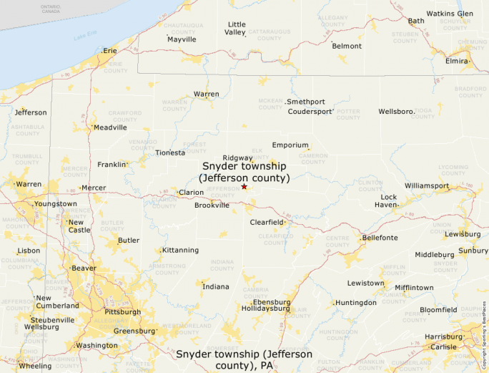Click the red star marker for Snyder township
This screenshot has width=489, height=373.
pos(244,187)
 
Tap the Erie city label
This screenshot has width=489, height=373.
pos(109,51)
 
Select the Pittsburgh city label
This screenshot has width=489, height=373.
pos(122,312)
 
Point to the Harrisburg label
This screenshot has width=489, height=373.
pos(443,336)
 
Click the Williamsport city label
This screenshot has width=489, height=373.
pos(427,186)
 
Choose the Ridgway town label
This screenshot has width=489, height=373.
pos(237,158)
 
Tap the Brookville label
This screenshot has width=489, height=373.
pos(212,205)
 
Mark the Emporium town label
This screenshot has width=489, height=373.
pos(290,145)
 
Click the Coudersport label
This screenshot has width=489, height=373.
pos(310,112)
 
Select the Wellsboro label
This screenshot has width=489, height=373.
pos(396,112)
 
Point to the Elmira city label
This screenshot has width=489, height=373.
pos(457,61)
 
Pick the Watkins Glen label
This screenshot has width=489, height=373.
pos(450,14)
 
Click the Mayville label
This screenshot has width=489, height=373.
pos(182,39)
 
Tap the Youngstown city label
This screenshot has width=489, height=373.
pos(56,204)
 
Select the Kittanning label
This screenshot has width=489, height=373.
pos(180,250)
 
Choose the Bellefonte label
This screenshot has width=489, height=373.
pos(380,237)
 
